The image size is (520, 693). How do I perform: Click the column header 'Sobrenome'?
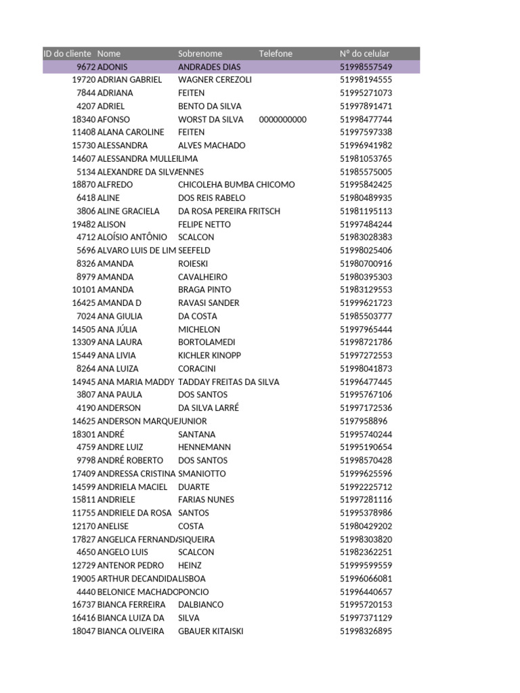[x=200, y=53]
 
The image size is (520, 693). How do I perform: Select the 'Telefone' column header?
[x=276, y=53]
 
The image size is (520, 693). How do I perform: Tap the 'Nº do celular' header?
[x=364, y=53]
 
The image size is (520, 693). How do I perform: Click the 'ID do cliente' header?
[x=68, y=53]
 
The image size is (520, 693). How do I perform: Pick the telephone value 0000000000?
[x=282, y=119]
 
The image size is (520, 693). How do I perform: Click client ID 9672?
[x=85, y=67]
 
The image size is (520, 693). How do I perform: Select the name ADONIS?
[x=112, y=67]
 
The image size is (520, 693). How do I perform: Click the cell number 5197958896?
[x=364, y=421]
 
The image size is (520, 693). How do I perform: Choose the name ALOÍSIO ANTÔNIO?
[x=132, y=238]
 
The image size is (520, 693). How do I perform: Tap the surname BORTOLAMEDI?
[x=207, y=342]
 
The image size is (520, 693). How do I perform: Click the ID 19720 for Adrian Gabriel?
[x=83, y=80]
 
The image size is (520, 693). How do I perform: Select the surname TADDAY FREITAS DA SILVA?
[x=228, y=382]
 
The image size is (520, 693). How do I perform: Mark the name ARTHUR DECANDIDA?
[x=137, y=579]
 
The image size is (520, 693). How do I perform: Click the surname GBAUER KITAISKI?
[x=211, y=631]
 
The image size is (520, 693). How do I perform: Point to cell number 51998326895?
[x=366, y=631]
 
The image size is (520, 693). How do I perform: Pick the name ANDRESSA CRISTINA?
[x=137, y=474]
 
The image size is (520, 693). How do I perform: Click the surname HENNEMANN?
[x=204, y=447]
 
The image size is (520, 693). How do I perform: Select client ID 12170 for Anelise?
[x=83, y=526]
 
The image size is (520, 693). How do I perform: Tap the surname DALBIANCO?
[x=200, y=605]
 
